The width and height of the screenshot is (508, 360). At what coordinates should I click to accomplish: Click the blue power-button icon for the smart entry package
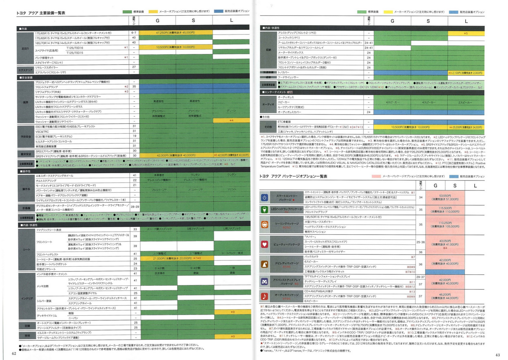pos(264,197)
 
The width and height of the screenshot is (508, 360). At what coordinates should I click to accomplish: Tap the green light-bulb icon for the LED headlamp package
pos(264,209)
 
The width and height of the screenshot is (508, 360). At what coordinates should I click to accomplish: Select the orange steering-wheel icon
pos(264,225)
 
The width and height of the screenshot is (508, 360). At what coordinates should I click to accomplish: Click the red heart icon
pos(264,244)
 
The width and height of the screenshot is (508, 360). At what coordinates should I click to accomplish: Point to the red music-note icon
pos(264,296)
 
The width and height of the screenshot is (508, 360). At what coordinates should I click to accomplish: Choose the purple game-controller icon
pos(264,282)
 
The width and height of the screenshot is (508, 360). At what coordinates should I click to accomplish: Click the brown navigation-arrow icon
pos(264,264)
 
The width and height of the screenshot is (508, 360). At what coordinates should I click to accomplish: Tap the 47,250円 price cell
pos(175,33)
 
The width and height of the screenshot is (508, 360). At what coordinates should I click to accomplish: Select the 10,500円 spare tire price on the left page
pos(175,47)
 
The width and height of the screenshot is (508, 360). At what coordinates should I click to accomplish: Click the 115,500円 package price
pos(445,210)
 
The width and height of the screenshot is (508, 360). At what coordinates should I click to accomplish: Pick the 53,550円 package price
pos(445,197)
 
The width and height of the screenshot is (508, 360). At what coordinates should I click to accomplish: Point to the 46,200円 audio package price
pos(445,296)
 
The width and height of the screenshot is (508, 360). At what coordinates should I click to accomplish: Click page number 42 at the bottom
pos(14,353)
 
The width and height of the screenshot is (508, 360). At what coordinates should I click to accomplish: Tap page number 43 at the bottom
pos(497,355)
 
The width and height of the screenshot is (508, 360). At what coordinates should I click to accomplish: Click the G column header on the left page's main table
pos(157,21)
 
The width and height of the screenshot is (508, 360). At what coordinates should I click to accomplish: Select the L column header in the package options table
pos(475,186)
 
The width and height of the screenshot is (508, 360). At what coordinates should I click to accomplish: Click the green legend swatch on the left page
pos(127,12)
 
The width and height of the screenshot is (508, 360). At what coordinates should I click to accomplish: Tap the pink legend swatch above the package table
pos(376,176)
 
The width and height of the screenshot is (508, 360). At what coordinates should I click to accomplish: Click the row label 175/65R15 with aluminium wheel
pos(73,33)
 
